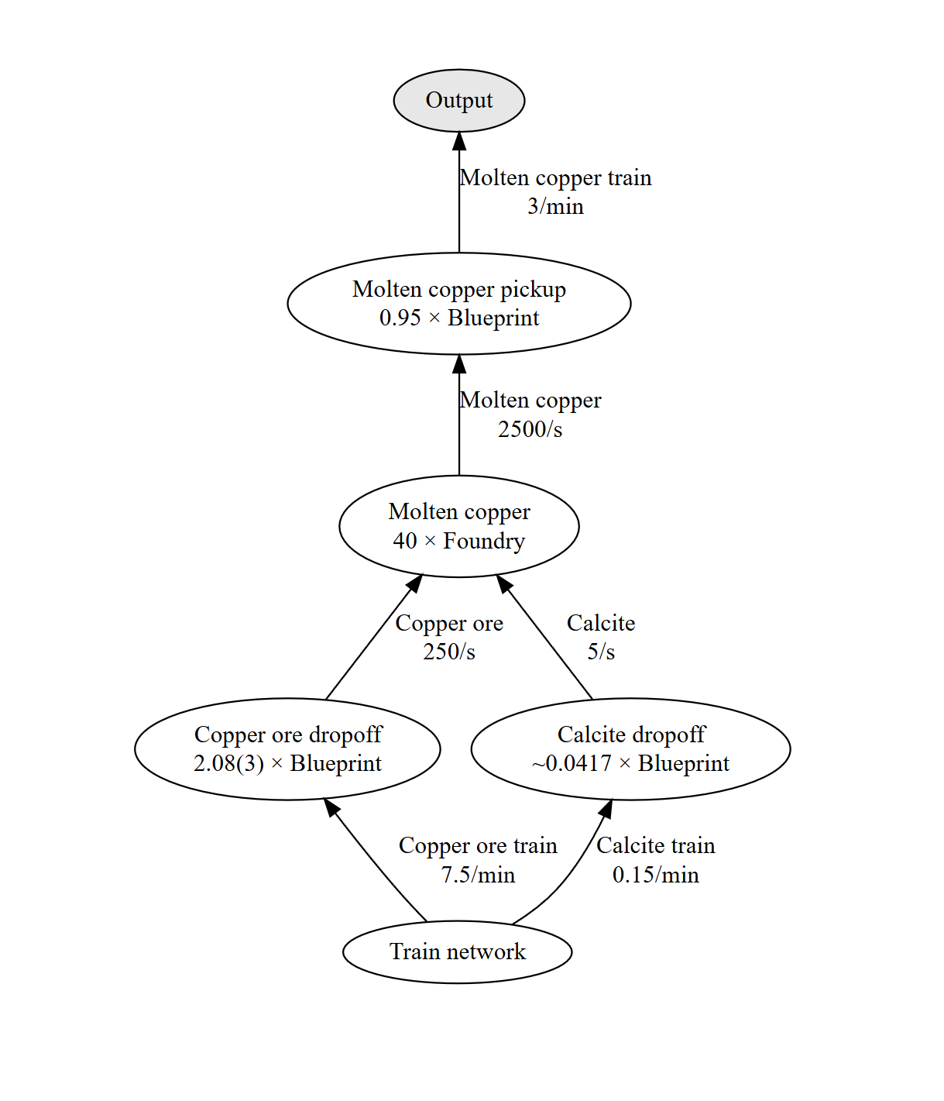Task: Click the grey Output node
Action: click(459, 100)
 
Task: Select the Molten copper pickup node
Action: click(459, 304)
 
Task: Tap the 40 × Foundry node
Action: click(459, 526)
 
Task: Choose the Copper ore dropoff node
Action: click(287, 749)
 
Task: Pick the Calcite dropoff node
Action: click(631, 749)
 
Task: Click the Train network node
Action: click(458, 952)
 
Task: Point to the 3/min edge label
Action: click(555, 206)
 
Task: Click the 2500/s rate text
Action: click(530, 428)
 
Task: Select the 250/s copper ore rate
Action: click(449, 652)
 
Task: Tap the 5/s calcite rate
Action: click(601, 652)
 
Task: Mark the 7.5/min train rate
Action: click(478, 875)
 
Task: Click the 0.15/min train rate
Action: click(655, 875)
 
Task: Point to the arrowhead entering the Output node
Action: click(459, 141)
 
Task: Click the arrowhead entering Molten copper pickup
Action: click(459, 364)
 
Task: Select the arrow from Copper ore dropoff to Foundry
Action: click(374, 637)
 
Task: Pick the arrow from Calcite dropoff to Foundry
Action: click(544, 637)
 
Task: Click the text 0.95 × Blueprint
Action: click(459, 318)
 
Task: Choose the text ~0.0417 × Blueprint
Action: click(630, 763)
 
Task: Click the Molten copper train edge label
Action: click(555, 178)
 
